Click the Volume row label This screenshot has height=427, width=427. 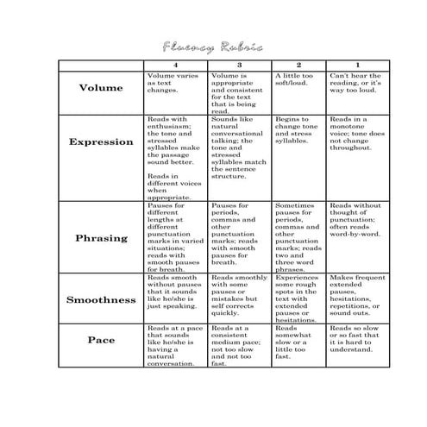tap(101, 88)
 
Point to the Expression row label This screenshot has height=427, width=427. tap(101, 141)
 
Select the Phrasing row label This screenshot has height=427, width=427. tap(101, 237)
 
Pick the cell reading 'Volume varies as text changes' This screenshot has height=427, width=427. tap(176, 83)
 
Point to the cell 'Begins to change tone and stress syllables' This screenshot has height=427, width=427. tap(298, 129)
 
